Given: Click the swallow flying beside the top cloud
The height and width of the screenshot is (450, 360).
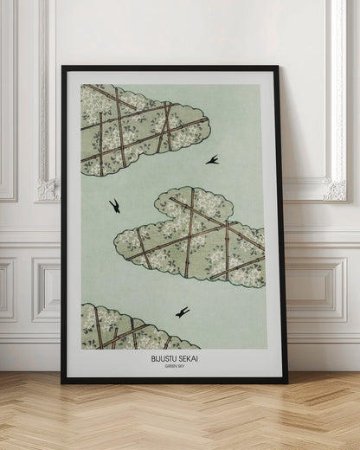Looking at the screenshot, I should (212, 159).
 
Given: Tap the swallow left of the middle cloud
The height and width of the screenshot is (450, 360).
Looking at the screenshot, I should (113, 206).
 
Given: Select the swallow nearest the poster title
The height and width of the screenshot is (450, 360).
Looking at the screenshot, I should (183, 312).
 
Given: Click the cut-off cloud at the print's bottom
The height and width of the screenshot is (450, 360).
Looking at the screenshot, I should (130, 327).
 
